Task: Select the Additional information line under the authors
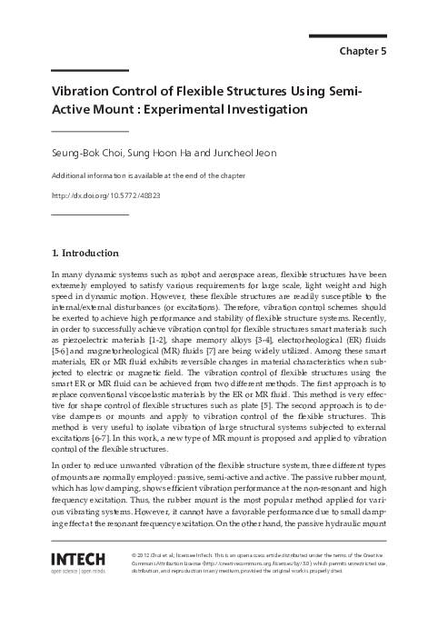[144, 175]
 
